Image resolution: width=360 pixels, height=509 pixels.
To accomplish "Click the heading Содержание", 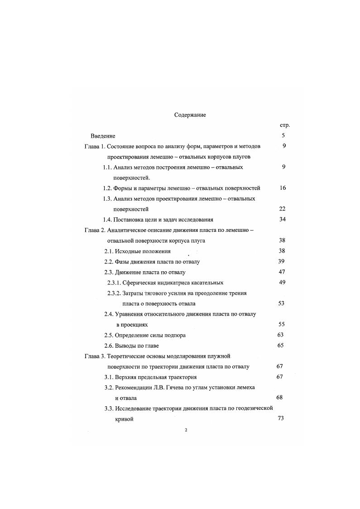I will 190,115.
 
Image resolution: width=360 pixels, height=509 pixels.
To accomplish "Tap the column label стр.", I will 285,125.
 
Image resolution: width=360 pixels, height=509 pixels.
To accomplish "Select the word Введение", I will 103,136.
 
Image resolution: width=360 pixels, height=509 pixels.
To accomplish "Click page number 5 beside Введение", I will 283,135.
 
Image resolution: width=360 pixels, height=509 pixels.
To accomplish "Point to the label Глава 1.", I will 95,146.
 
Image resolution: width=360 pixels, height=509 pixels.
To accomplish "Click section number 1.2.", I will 107,188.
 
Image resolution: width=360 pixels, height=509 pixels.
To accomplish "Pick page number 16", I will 283,188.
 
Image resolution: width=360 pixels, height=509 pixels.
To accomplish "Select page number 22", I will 282,209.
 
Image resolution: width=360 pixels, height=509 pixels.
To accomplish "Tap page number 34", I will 282,220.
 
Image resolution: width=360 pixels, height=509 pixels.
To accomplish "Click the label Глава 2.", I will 95,230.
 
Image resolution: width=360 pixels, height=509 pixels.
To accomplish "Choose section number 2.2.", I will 109,262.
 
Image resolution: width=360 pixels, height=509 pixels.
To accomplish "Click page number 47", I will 281,272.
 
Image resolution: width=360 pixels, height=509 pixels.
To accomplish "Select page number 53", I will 281,303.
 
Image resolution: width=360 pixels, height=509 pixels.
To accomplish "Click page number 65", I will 280,346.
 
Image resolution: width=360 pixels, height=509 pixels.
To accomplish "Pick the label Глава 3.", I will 95,356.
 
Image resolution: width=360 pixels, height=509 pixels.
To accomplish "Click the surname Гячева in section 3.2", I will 182,388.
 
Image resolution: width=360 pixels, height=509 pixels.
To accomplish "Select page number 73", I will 280,419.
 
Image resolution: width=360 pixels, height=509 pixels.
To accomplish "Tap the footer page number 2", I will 186,430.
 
